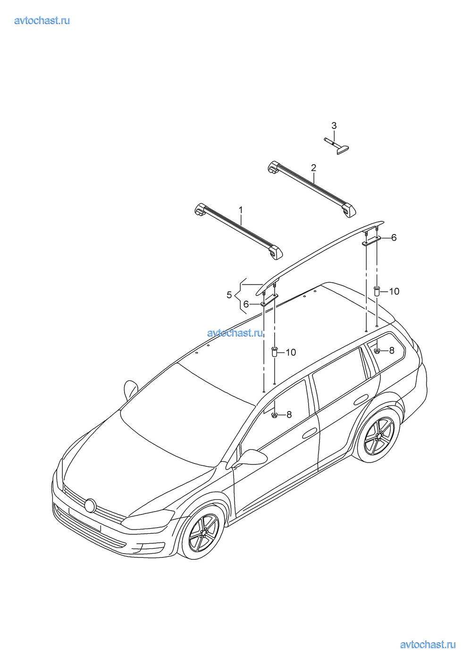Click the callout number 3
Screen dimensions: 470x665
coord(334,126)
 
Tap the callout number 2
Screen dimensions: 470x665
coord(313,168)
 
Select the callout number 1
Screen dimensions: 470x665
coord(241,210)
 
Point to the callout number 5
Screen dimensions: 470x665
coord(229,295)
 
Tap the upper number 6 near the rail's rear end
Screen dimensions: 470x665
coord(394,237)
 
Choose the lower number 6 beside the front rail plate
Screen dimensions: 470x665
coord(246,304)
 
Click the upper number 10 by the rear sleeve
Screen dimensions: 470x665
coord(394,292)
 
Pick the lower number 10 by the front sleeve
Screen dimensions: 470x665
coord(291,353)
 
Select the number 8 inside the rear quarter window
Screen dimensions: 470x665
coord(392,351)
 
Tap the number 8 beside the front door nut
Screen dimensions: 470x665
coord(289,414)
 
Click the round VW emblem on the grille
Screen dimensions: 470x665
coord(90,505)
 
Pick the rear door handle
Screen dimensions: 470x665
coord(361,400)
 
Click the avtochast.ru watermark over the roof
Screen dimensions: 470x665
coord(235,333)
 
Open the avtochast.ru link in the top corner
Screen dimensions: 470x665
coord(42,20)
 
